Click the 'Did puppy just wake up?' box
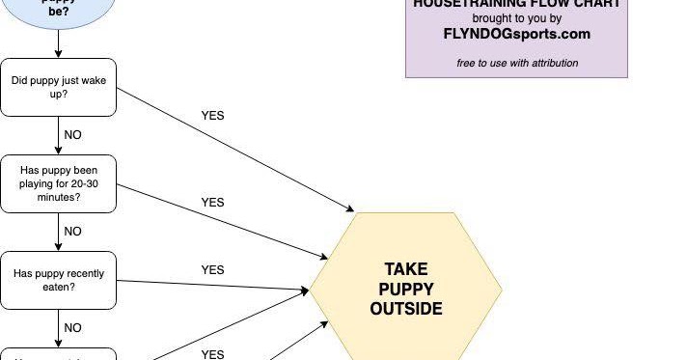[58, 87]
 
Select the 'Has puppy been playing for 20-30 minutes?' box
[58, 183]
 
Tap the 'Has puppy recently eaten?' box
[58, 280]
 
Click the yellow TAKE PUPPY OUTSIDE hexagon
[405, 289]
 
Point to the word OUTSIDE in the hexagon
[405, 309]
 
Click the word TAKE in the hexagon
[405, 269]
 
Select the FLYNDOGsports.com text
[516, 34]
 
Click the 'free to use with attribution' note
[517, 64]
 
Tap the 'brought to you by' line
[516, 17]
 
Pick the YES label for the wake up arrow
[212, 116]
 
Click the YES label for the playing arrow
[212, 203]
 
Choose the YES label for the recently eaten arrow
[212, 270]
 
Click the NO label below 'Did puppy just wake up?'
[73, 135]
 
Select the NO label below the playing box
[73, 232]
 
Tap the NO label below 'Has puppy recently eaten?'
[73, 328]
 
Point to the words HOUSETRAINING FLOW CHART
[516, 4]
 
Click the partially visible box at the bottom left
[58, 354]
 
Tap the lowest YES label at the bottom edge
[212, 354]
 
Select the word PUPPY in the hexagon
[405, 289]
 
